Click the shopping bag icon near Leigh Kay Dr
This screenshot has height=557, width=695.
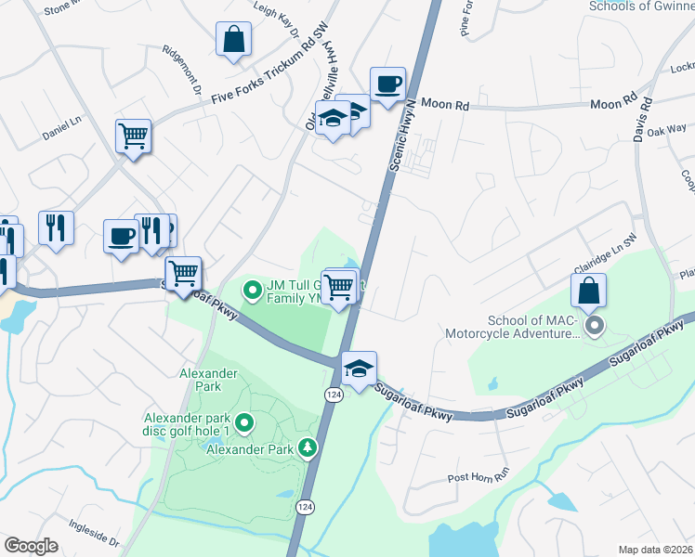tap(233, 40)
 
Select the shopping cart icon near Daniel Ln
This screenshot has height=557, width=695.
tap(133, 136)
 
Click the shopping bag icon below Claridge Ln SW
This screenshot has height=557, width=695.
tap(589, 291)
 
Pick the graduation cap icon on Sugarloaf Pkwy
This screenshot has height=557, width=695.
tap(358, 369)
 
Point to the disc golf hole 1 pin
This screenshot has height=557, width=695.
tap(245, 424)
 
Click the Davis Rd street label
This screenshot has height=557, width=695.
tap(642, 121)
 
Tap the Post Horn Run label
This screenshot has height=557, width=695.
tap(479, 475)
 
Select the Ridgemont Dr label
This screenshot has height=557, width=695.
tap(181, 71)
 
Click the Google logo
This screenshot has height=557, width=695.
tap(31, 546)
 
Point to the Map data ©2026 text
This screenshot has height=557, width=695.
tap(656, 550)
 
